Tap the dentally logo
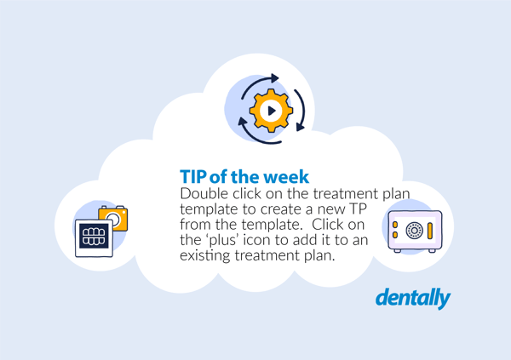(x=413, y=298)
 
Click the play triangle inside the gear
(x=271, y=110)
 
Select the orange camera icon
(x=113, y=219)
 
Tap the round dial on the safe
(x=414, y=230)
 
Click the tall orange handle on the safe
(x=430, y=230)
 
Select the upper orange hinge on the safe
(x=394, y=225)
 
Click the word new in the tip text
(x=335, y=209)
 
